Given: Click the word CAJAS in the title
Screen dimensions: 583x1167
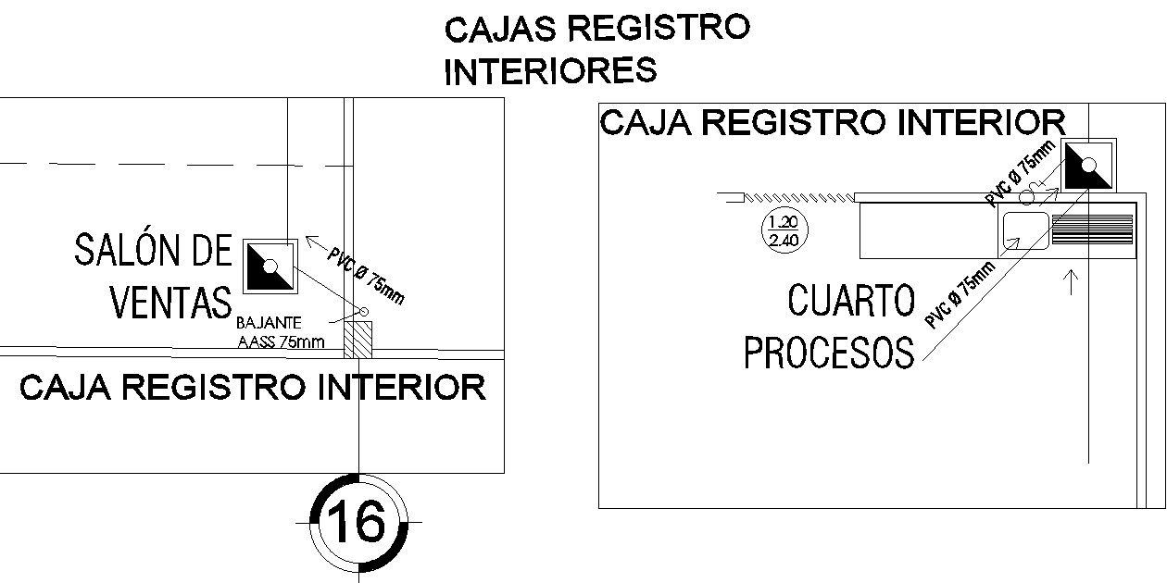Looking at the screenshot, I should [x=501, y=30].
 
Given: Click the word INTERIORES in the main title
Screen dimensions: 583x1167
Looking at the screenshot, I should [x=550, y=70].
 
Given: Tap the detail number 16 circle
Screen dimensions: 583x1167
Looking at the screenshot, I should [x=358, y=522].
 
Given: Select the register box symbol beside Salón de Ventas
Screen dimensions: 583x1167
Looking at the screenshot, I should [x=270, y=266].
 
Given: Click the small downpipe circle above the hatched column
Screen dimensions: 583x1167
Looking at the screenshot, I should [x=364, y=312].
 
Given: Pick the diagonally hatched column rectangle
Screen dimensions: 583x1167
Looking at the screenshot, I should [x=358, y=340].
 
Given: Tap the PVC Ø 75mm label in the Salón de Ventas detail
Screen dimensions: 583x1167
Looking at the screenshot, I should [x=365, y=275].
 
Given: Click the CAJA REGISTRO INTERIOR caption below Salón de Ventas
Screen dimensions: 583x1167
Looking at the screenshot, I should [x=253, y=388].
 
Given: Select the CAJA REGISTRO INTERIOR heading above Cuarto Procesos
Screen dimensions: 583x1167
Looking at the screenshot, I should [x=833, y=122].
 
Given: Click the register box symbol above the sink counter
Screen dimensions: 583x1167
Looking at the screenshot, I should [x=1088, y=165].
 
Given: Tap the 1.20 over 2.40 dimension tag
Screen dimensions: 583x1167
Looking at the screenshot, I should [x=784, y=229].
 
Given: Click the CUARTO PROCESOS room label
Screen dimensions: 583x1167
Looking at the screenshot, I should [x=830, y=327].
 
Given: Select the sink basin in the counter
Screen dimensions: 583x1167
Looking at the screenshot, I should [x=1024, y=229].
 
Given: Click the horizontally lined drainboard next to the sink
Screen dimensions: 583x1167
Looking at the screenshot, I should [x=1093, y=229].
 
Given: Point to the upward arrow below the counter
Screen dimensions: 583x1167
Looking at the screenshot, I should [x=1073, y=281].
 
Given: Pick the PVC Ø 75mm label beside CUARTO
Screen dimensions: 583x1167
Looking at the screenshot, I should [x=960, y=294].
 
